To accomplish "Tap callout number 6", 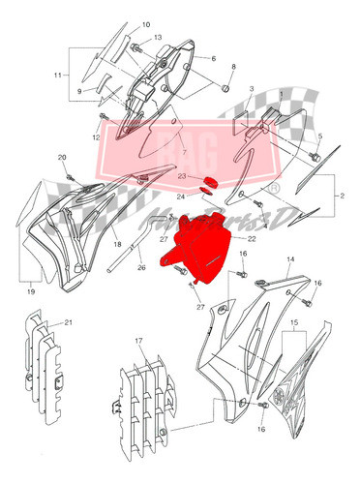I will pos(212,58).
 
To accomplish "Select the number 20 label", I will pos(63,157).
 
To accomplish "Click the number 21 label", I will pos(69,321).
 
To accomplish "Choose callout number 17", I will pos(138,341).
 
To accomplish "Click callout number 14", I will pos(289,260).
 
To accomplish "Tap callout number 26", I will pos(142,268).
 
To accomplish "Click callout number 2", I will pos(341,195).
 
